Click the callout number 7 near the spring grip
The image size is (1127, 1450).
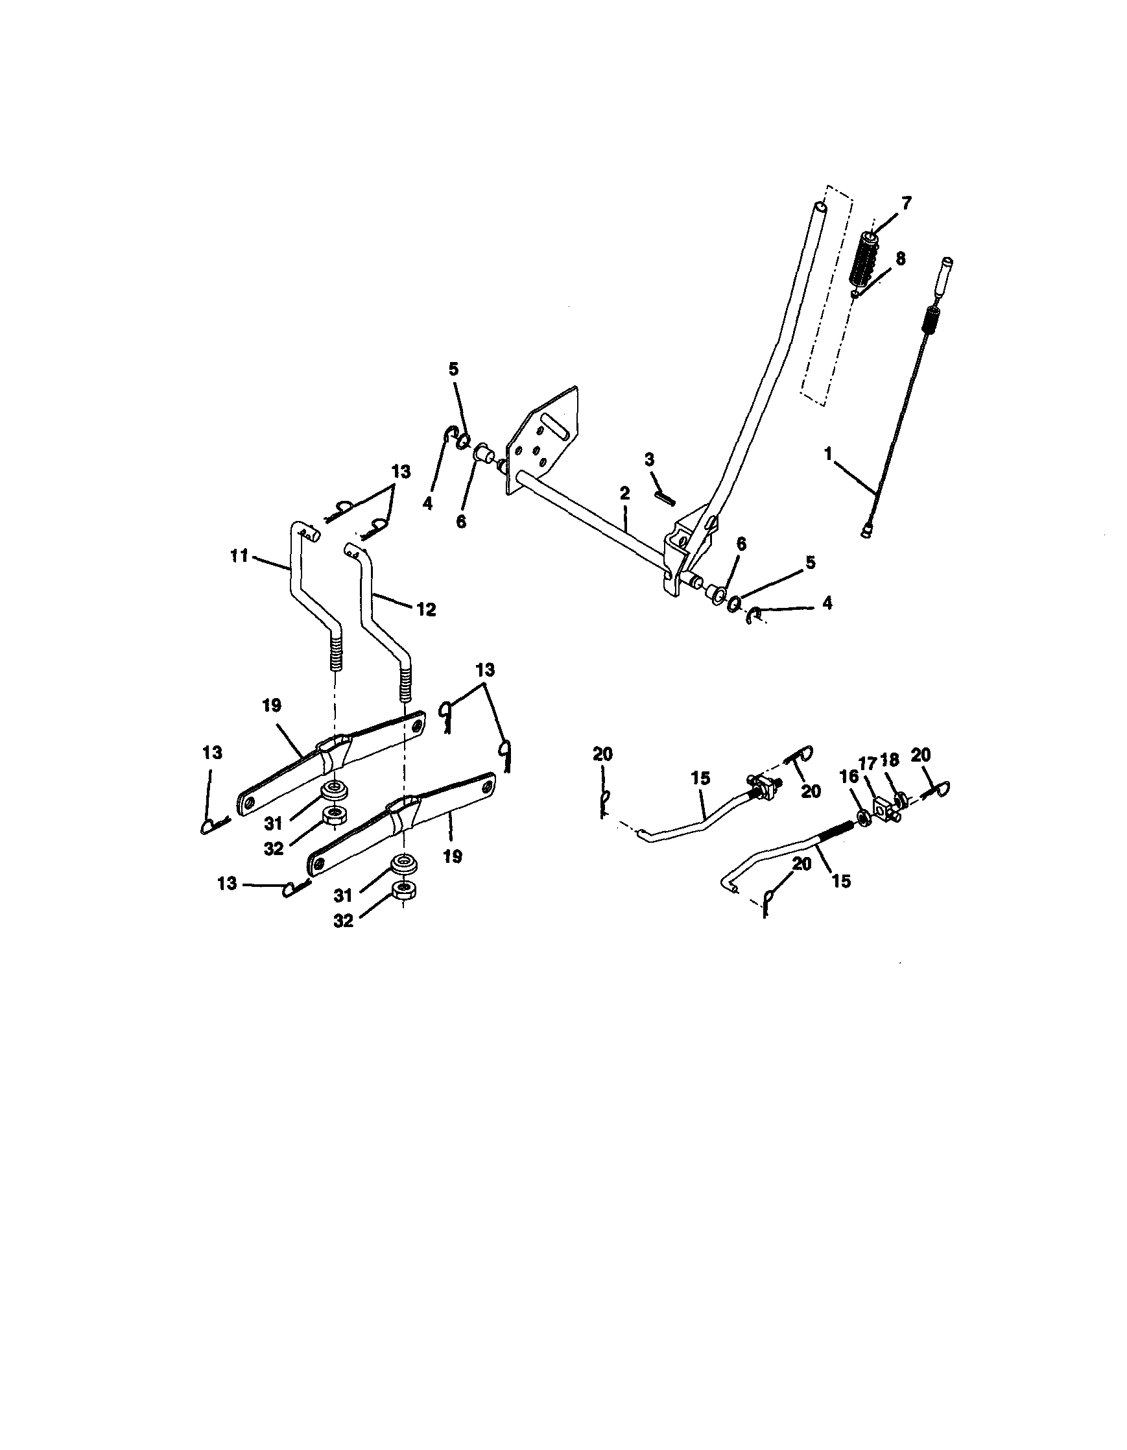pyautogui.click(x=907, y=202)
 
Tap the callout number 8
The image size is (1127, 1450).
pyautogui.click(x=900, y=259)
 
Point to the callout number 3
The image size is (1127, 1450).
pyautogui.click(x=649, y=459)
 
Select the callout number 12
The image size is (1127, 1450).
pyautogui.click(x=426, y=609)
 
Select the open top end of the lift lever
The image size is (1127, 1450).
pyautogui.click(x=822, y=208)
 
